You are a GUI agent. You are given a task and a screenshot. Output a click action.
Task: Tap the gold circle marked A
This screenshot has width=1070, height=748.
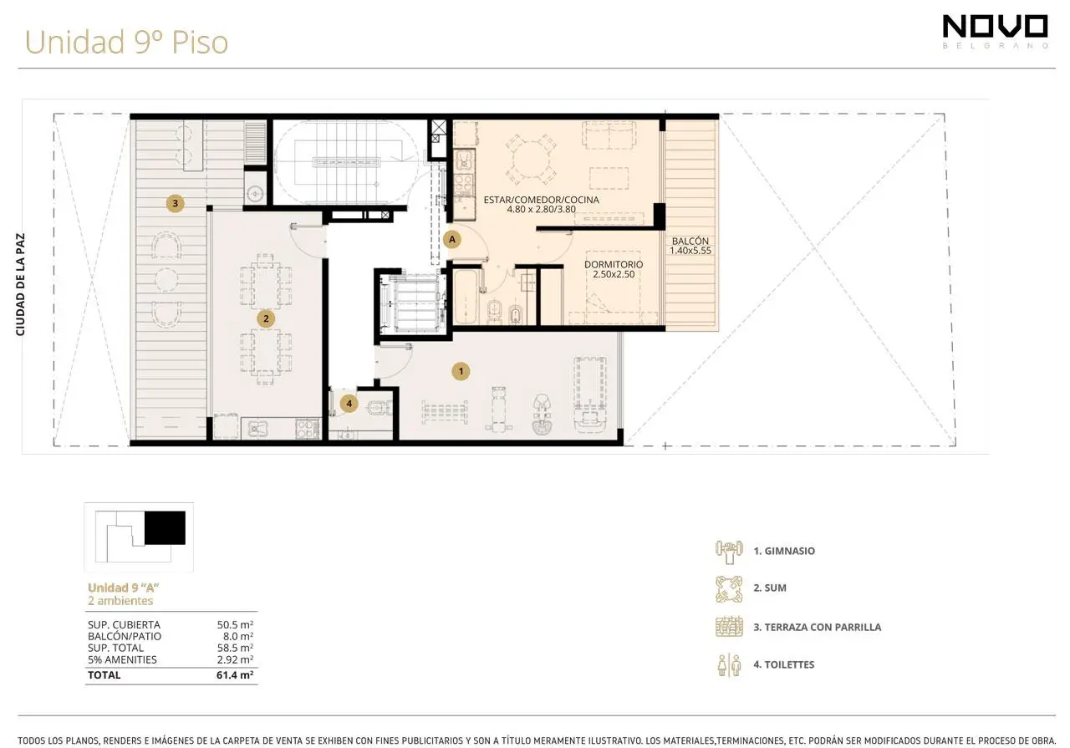(x=452, y=239)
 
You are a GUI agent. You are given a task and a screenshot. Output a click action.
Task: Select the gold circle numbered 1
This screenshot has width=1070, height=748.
(x=461, y=371)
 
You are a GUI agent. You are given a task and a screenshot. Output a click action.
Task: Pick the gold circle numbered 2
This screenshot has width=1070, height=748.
(x=266, y=318)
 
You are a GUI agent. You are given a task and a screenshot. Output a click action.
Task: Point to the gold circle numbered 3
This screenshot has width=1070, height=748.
(x=176, y=203)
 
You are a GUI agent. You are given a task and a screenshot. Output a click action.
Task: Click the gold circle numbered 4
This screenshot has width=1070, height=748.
(x=349, y=404)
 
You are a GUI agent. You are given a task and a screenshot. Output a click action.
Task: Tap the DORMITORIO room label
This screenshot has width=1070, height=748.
(x=614, y=265)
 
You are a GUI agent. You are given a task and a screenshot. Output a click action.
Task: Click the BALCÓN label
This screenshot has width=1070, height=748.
(x=690, y=242)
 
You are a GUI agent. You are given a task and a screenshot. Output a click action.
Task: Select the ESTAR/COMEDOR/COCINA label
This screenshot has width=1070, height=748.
(x=541, y=200)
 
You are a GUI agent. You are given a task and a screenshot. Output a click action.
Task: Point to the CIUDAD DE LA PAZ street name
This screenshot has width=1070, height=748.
(x=20, y=284)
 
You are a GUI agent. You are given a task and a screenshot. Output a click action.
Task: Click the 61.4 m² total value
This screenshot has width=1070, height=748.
(x=235, y=675)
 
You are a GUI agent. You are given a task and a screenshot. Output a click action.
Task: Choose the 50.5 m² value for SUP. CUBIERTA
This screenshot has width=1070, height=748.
(x=235, y=625)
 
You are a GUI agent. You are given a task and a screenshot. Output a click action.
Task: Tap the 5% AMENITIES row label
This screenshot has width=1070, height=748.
(x=122, y=659)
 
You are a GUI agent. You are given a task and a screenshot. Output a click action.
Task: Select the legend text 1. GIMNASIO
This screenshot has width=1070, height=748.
(x=784, y=551)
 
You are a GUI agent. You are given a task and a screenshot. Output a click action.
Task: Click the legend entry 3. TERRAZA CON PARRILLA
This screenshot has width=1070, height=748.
(x=818, y=627)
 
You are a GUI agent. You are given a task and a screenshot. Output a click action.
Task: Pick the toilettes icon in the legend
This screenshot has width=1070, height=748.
(x=729, y=665)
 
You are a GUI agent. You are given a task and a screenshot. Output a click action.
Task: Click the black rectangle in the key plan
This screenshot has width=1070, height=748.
(x=165, y=528)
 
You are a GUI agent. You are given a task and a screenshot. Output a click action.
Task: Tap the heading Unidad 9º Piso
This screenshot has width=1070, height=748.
(x=126, y=42)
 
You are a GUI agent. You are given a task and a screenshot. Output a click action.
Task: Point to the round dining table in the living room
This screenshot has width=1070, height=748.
(x=531, y=160)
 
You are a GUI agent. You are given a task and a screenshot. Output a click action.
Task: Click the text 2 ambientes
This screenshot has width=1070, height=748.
(x=120, y=600)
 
